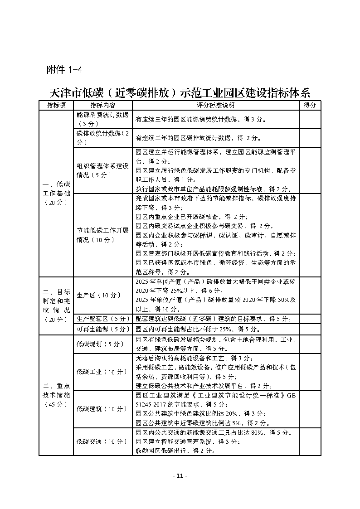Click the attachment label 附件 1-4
click(x=64, y=70)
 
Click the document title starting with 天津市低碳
click(x=180, y=93)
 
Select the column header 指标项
click(x=56, y=105)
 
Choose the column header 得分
click(x=310, y=105)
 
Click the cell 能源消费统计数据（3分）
click(x=102, y=119)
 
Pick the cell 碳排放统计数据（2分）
click(x=102, y=137)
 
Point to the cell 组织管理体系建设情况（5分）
click(x=102, y=170)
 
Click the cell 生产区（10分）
click(x=99, y=295)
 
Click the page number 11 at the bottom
click(x=180, y=476)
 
